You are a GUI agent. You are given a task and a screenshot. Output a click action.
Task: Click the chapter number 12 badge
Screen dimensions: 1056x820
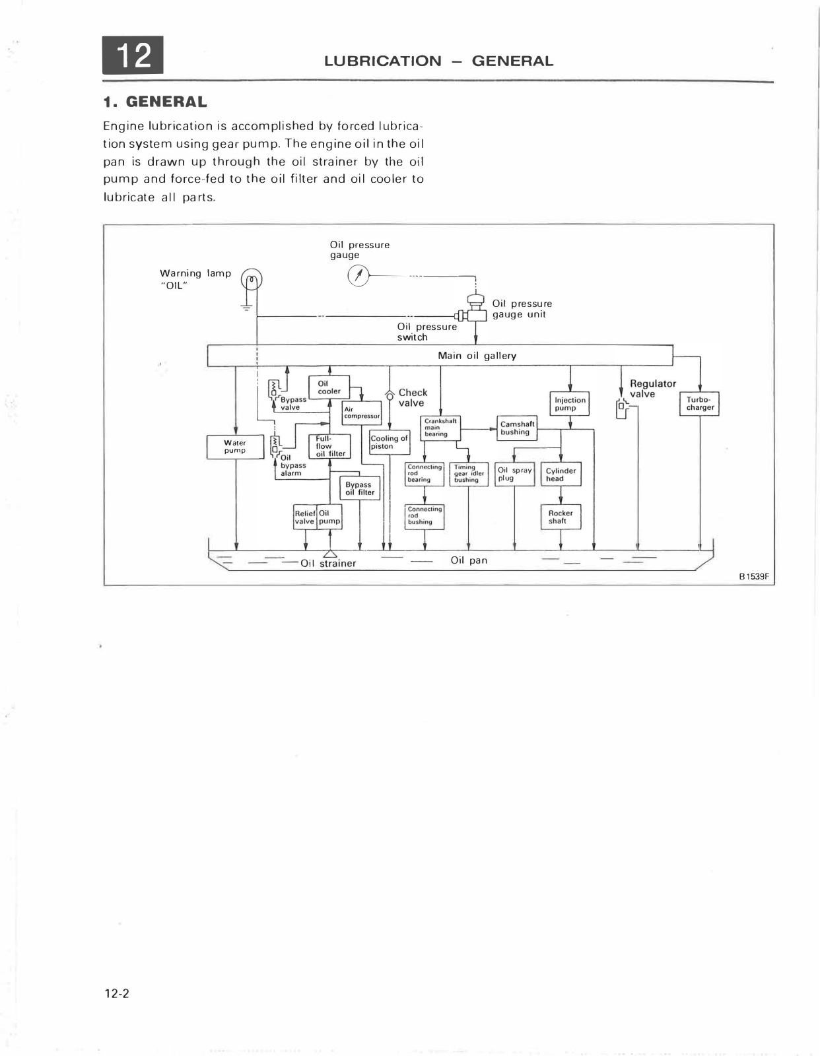(x=133, y=55)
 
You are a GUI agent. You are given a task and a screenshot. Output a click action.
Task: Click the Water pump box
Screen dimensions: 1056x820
(x=235, y=447)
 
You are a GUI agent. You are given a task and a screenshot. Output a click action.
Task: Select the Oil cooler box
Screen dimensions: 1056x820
(x=329, y=387)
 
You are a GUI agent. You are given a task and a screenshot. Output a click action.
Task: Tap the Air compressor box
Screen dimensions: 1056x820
(x=362, y=412)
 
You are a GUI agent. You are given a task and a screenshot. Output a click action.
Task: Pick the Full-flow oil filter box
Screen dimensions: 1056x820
(x=329, y=446)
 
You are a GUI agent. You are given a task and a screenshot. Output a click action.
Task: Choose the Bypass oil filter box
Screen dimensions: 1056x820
(x=360, y=488)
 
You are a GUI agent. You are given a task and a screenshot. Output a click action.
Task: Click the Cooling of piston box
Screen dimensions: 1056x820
(x=390, y=442)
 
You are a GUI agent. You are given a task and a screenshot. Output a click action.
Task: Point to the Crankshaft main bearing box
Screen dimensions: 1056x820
(x=440, y=428)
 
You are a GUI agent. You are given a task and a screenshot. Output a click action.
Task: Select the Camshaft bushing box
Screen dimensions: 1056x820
(x=517, y=428)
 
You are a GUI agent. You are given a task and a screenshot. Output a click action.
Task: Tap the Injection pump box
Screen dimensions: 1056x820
(x=570, y=404)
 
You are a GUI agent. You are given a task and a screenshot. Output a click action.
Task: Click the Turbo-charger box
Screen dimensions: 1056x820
(x=700, y=403)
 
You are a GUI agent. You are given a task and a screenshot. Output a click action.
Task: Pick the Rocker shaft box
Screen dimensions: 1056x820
(x=561, y=517)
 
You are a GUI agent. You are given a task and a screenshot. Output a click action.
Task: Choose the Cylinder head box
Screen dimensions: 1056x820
(x=561, y=475)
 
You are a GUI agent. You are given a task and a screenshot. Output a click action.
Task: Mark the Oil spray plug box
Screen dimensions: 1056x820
(x=514, y=474)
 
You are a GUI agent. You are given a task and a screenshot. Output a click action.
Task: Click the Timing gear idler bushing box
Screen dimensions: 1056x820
(x=469, y=474)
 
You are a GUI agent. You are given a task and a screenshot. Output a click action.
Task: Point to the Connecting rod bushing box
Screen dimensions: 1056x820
(x=424, y=516)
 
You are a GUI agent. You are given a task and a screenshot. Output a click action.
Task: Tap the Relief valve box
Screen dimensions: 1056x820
(x=305, y=517)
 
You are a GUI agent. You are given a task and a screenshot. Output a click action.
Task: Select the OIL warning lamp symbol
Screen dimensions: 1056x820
(x=252, y=280)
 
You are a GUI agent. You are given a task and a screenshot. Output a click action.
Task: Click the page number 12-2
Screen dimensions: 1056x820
(x=117, y=993)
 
